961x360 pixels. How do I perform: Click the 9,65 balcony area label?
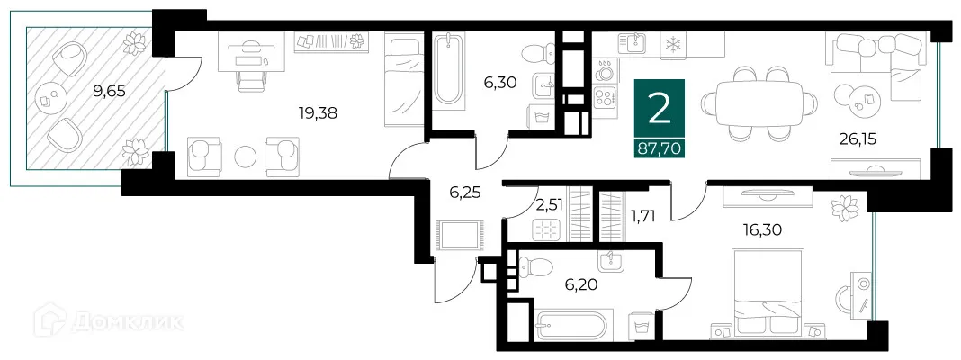click(111, 90)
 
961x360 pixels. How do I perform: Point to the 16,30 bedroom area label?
click(763, 229)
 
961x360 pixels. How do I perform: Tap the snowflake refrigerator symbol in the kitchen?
click(671, 44)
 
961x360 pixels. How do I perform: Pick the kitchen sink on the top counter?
click(634, 41)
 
